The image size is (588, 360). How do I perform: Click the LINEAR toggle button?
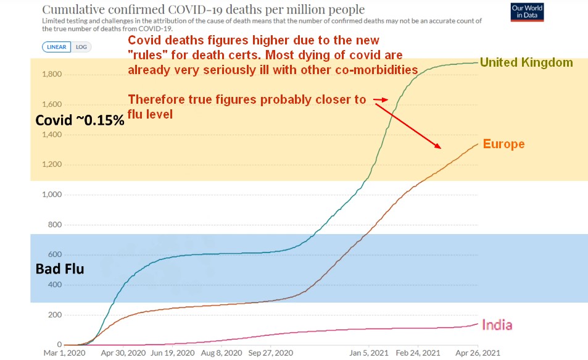coord(57,47)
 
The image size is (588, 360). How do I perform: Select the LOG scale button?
coord(81,47)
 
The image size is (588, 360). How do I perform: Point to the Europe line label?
coord(503,144)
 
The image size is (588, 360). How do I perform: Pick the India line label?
coord(497,325)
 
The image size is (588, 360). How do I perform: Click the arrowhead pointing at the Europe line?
coord(439,147)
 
